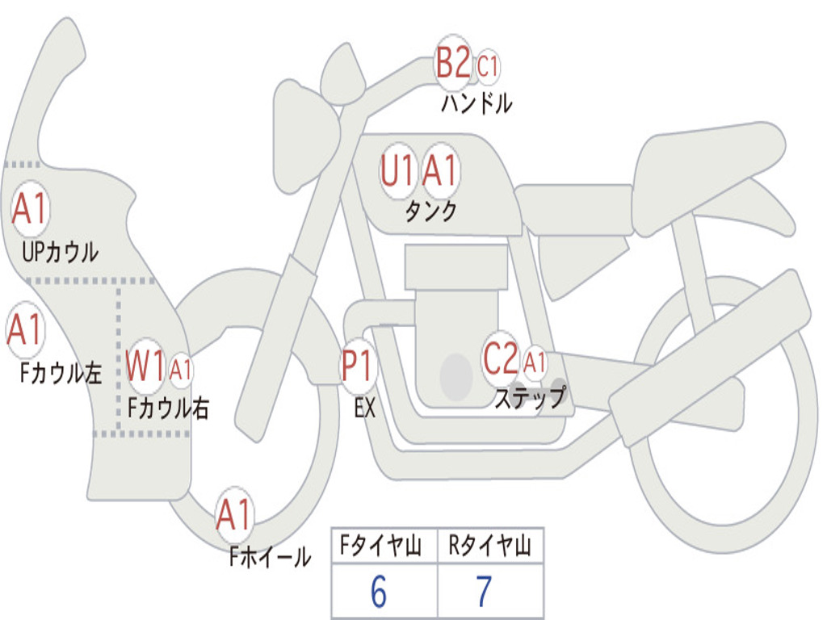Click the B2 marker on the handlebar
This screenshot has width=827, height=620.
point(453,63)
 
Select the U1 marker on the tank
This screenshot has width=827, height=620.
point(397,170)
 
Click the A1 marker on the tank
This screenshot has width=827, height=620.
point(440,170)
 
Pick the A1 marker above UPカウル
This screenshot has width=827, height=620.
point(31,209)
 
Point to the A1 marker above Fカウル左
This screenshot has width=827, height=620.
point(25,329)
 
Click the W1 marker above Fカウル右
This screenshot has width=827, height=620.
point(146,367)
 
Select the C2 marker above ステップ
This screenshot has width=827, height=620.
point(501,358)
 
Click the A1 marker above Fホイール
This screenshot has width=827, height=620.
point(234,514)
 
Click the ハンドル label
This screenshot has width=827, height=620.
point(476,103)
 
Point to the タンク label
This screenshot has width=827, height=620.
point(430,212)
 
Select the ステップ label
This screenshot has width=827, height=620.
point(531,398)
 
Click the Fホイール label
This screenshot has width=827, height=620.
point(270,556)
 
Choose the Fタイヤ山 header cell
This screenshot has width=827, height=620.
point(384,547)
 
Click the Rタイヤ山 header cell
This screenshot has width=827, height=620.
point(490,547)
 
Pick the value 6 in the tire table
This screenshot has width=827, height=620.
point(378,592)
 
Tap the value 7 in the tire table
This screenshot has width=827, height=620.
point(484,592)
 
